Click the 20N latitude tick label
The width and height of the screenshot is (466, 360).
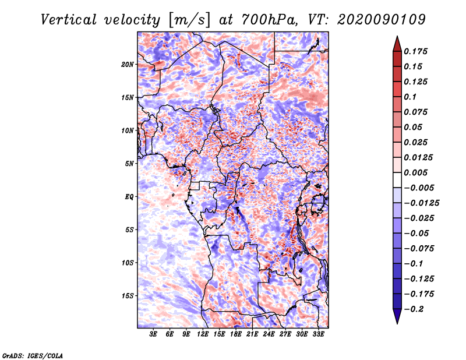click(x=128, y=65)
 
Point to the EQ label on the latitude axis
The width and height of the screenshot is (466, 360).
click(x=129, y=197)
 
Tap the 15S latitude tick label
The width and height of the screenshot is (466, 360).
click(x=128, y=296)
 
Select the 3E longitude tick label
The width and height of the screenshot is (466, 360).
click(x=153, y=334)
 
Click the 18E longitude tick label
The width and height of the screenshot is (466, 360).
click(x=236, y=334)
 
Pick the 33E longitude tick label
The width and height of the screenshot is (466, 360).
click(x=318, y=334)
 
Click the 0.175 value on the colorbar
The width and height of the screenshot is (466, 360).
click(x=415, y=51)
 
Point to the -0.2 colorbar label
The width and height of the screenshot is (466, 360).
click(x=414, y=309)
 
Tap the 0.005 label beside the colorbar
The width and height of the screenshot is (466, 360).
click(x=415, y=172)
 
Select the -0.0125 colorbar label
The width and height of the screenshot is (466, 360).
click(x=421, y=203)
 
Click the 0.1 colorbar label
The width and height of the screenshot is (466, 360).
click(x=410, y=97)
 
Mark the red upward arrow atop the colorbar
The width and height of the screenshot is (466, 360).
click(x=397, y=44)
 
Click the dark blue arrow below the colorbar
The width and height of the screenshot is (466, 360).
click(x=397, y=316)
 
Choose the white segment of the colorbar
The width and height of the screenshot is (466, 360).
click(x=397, y=180)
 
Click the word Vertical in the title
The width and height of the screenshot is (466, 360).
click(x=69, y=20)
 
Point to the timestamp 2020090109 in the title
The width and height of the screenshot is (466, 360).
click(x=382, y=20)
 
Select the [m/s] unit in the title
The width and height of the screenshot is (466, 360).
click(x=189, y=20)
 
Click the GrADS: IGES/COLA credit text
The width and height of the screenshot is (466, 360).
click(x=33, y=355)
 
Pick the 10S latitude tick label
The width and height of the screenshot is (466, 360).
click(x=128, y=263)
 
